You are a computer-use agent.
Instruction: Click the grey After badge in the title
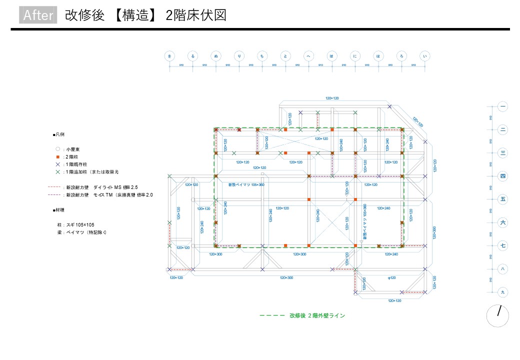click(x=38, y=15)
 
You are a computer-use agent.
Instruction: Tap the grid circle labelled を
click(x=169, y=56)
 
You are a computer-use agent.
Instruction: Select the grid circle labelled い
click(x=425, y=56)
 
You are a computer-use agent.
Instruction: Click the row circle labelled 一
click(x=503, y=106)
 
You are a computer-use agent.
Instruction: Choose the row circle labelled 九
click(x=503, y=291)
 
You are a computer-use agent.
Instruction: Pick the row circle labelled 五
click(x=503, y=199)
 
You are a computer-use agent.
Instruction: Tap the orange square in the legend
click(x=58, y=156)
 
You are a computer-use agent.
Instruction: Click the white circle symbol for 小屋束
click(x=58, y=149)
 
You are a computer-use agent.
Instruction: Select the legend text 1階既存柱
click(x=79, y=164)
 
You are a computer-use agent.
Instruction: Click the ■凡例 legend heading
click(x=58, y=135)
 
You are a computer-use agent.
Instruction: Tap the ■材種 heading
click(x=58, y=210)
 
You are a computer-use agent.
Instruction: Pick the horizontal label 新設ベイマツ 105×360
click(x=246, y=185)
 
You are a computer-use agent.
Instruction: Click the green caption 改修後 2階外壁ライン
click(x=317, y=315)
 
